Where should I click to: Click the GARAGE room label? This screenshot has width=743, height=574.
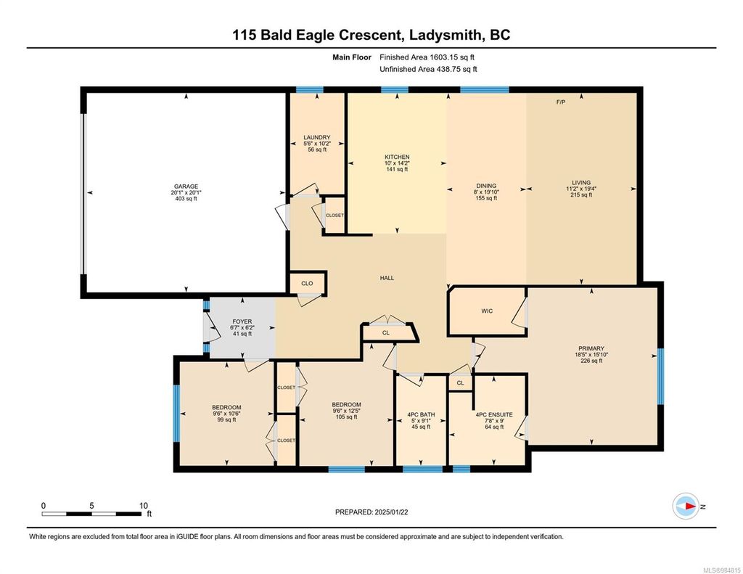click(x=186, y=186)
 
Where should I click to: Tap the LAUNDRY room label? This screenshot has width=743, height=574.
click(x=317, y=137)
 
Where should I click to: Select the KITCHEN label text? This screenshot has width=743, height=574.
click(x=397, y=157)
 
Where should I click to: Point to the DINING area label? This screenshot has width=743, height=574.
click(x=486, y=186)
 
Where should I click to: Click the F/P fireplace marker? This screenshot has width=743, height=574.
click(x=561, y=102)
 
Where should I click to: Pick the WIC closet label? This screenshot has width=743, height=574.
click(x=487, y=311)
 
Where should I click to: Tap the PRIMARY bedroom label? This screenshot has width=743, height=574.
click(x=591, y=348)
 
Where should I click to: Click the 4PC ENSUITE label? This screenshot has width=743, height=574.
click(x=494, y=415)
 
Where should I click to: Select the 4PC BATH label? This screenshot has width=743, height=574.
click(x=421, y=415)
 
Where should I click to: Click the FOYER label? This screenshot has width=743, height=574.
click(x=242, y=321)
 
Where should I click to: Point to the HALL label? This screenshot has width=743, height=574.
click(x=387, y=278)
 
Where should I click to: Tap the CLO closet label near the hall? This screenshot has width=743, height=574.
click(x=307, y=284)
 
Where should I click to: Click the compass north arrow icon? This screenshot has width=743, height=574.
click(x=686, y=507)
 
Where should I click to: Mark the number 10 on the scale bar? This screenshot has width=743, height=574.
click(x=144, y=506)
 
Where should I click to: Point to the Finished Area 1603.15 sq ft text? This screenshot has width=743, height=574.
click(x=427, y=57)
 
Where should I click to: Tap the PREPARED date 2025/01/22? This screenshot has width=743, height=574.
click(x=391, y=512)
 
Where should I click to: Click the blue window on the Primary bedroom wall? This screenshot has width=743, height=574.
click(x=660, y=377)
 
